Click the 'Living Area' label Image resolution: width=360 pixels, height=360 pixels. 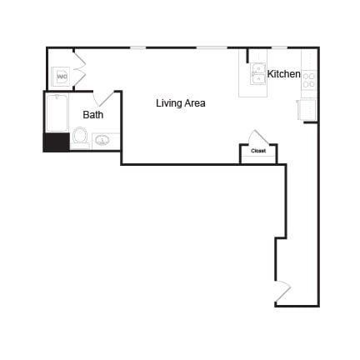[x=180, y=103]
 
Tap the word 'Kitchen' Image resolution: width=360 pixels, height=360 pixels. [x=283, y=74]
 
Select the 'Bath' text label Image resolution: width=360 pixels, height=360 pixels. [x=92, y=114]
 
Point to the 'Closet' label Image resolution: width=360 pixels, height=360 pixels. [x=258, y=151]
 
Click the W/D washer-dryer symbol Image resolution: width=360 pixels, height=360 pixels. [x=62, y=77]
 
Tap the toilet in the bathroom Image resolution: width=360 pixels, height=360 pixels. [x=80, y=136]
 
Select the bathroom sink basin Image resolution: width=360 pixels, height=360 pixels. [x=102, y=140]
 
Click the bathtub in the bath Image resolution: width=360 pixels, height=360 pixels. [x=57, y=113]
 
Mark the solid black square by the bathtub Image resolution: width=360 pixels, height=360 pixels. [x=55, y=142]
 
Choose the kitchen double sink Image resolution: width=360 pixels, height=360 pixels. [x=258, y=74]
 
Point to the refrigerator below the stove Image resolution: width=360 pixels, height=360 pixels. [x=307, y=109]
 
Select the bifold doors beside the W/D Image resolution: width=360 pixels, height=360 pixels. [x=79, y=68]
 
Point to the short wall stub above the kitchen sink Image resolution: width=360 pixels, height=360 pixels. [x=247, y=55]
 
